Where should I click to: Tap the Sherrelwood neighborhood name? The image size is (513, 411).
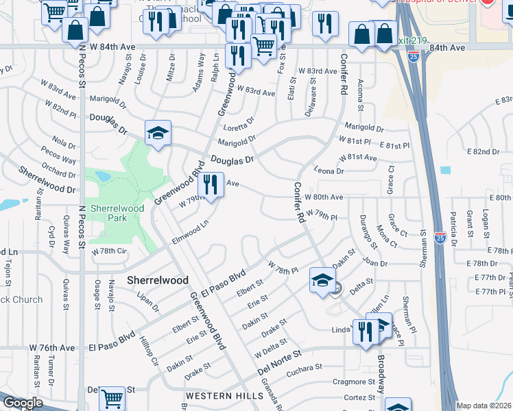158,281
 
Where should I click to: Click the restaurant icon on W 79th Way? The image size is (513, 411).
211,184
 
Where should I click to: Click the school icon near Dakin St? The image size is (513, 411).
322,279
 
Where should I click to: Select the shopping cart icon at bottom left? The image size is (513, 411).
112,397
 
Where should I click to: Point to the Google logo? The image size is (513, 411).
22,403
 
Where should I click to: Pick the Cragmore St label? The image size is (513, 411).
354,382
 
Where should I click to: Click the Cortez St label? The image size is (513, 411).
359,397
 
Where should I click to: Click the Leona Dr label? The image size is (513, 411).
329,171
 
